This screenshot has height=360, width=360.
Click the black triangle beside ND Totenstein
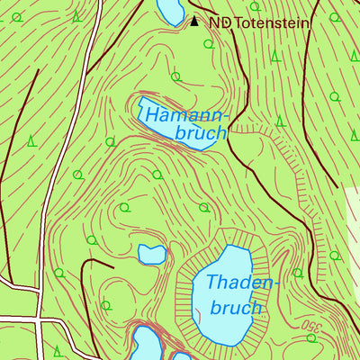pos(194,22)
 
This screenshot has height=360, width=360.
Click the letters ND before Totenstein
pos(219,22)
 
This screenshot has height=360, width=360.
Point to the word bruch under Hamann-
pos(201,134)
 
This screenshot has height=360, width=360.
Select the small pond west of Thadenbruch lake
pos(151,255)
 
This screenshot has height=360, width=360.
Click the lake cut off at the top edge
pos(170,10)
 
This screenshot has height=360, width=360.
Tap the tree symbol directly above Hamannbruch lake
pos(175,77)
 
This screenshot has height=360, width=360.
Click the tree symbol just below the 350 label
pos(312,338)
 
